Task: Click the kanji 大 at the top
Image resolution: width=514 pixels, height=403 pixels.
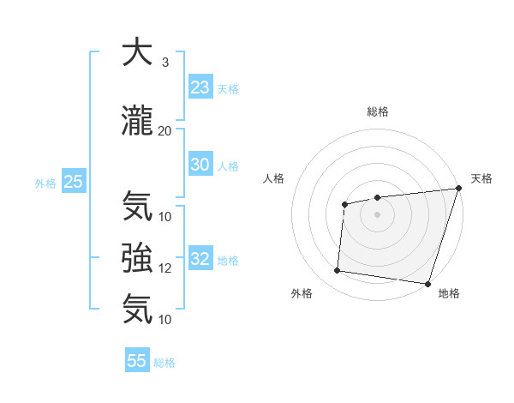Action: click(137, 53)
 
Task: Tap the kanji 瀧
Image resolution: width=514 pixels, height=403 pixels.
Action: click(137, 122)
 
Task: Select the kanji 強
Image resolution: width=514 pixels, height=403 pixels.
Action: click(137, 257)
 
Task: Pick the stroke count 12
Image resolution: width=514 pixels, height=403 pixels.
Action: click(165, 268)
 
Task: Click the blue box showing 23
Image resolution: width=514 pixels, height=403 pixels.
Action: click(200, 87)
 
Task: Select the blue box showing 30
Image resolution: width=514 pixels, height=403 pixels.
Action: click(200, 165)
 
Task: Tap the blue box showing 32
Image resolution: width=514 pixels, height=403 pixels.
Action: click(200, 259)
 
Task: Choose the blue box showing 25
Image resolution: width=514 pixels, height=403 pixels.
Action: click(73, 182)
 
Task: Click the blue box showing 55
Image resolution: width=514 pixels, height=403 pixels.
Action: click(137, 361)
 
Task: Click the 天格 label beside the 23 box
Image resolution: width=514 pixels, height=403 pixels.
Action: click(227, 89)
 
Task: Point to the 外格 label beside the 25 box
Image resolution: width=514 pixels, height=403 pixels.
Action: click(45, 183)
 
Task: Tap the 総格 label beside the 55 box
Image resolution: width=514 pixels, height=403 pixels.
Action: click(164, 363)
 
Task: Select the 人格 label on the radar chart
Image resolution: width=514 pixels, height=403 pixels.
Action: click(273, 178)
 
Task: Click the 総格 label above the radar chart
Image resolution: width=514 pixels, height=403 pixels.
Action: click(378, 111)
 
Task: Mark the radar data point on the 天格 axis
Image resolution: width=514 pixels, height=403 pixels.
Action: click(458, 189)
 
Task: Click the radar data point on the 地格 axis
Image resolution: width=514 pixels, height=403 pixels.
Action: click(427, 283)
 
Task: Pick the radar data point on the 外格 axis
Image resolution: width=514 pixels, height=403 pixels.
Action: click(338, 271)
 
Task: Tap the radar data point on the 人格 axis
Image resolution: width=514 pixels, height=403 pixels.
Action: click(344, 204)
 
